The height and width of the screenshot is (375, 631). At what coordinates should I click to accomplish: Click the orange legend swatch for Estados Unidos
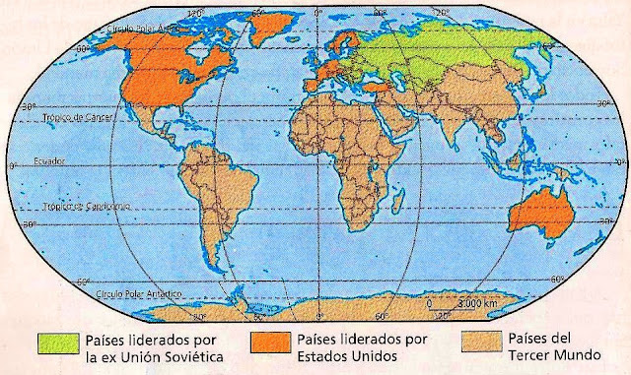point(267,341)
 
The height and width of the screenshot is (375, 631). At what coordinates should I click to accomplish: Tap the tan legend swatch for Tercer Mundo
point(476,341)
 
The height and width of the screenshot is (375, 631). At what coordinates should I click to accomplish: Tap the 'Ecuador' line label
point(50,160)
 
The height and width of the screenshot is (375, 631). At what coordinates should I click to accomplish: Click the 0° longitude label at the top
point(316,12)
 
